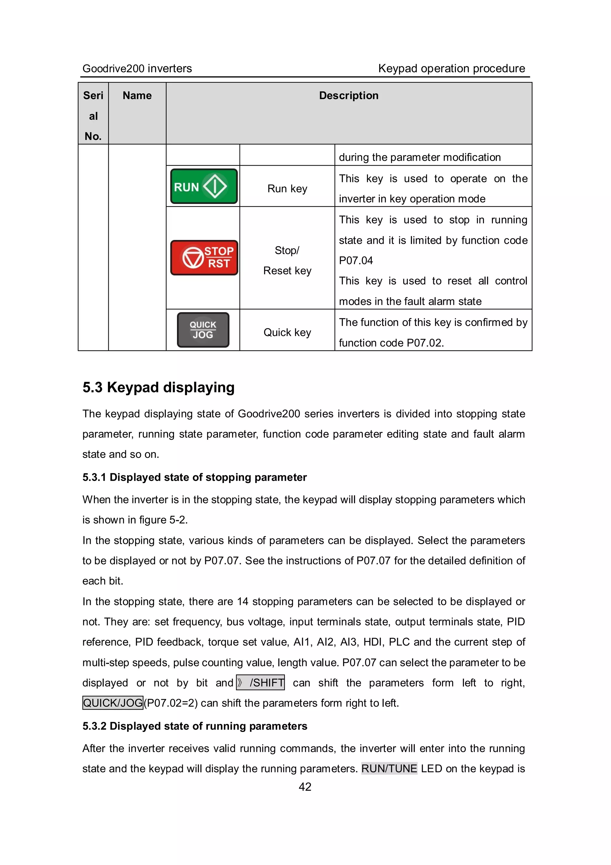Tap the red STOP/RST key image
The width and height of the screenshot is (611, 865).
[x=204, y=258]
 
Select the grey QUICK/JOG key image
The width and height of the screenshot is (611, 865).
[x=203, y=330]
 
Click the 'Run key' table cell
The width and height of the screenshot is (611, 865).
[x=287, y=188]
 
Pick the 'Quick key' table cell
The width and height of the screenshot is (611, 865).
[x=287, y=332]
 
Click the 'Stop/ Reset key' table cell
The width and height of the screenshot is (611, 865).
[x=287, y=260]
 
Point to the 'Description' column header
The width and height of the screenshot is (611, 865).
[x=349, y=96]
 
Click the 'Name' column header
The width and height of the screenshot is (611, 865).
[x=137, y=96]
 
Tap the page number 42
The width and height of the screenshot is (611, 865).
[x=305, y=787]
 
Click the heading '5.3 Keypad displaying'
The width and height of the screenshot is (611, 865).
[x=158, y=387]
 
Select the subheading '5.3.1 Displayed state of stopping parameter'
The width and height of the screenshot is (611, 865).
[x=195, y=477]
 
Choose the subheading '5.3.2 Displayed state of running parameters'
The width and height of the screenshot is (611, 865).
[x=195, y=726]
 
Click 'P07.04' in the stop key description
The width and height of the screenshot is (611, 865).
[x=356, y=260]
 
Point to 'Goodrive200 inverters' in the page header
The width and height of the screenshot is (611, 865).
[x=137, y=69]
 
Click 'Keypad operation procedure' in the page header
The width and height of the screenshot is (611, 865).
[x=452, y=69]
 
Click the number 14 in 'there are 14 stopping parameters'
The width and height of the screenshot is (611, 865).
[x=243, y=601]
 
